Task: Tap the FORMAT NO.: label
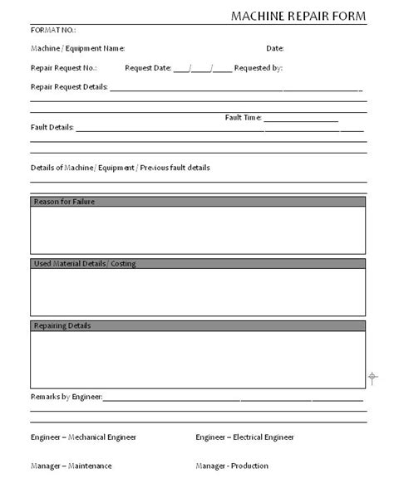[52, 32]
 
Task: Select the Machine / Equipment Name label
[77, 49]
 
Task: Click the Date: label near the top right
[275, 49]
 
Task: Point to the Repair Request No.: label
[64, 67]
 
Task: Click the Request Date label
[147, 67]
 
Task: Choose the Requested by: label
[259, 67]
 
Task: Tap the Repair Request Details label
[69, 85]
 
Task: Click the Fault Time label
[244, 118]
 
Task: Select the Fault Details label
[52, 128]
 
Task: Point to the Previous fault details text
[175, 168]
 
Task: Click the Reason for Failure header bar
[198, 202]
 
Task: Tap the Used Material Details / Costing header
[198, 264]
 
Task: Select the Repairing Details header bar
[198, 326]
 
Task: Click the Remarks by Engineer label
[66, 398]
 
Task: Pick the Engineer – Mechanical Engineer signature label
[83, 437]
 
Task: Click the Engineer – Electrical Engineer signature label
[244, 437]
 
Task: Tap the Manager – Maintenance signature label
[71, 466]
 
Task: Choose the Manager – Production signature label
[234, 466]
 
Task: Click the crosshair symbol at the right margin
[372, 378]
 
